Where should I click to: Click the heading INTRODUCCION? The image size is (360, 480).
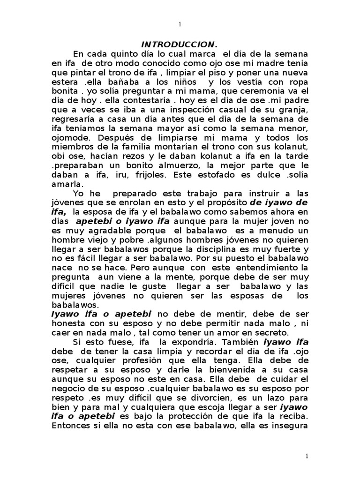click(180, 45)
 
